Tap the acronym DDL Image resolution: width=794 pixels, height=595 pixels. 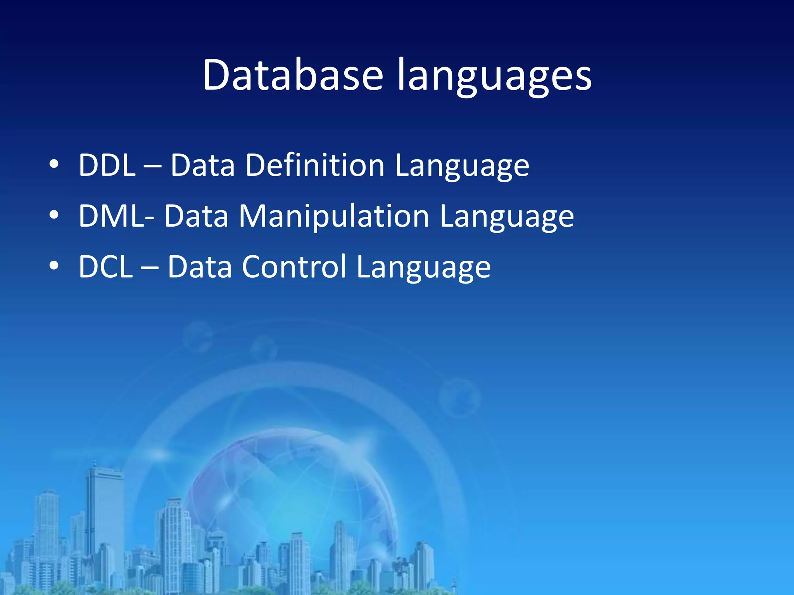[x=107, y=165]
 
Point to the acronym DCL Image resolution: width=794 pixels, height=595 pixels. [x=105, y=267]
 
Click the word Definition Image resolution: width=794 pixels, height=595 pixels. [x=315, y=165]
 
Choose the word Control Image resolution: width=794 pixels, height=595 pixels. [x=294, y=267]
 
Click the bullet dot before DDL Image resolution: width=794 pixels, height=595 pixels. [x=54, y=164]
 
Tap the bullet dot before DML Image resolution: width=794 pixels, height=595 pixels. [x=54, y=215]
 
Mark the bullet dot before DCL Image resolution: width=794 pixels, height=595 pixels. [x=54, y=266]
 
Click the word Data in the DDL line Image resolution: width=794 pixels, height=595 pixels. [x=203, y=165]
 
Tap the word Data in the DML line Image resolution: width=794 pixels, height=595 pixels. [x=196, y=216]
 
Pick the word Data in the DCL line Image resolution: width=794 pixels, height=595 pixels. [x=200, y=267]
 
